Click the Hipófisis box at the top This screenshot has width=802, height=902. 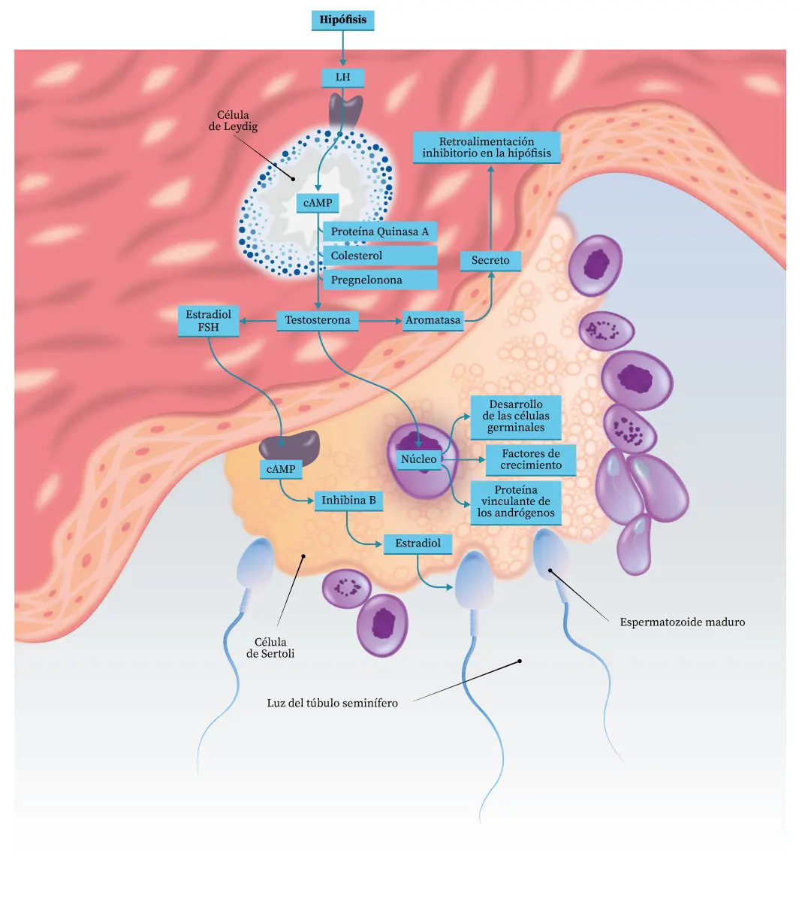[x=342, y=20]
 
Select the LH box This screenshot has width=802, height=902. [x=342, y=77]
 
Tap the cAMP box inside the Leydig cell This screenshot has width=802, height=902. [x=318, y=203]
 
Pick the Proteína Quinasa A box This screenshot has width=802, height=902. [x=379, y=232]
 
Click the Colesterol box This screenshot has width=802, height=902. [x=379, y=256]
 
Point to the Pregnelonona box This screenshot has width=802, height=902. [x=379, y=280]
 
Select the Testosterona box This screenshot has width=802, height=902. [x=318, y=320]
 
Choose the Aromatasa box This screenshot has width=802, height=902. [x=433, y=320]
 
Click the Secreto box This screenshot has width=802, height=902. [x=490, y=261]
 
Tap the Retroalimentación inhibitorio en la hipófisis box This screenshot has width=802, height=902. [x=487, y=147]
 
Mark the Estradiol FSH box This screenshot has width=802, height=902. [x=209, y=321]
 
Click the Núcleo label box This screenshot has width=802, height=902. [x=419, y=459]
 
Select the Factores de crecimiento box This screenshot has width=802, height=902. [x=531, y=459]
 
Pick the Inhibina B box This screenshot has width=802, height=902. [x=348, y=501]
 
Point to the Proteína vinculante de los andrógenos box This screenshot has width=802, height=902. [x=516, y=502]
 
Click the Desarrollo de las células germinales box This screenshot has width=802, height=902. [x=516, y=416]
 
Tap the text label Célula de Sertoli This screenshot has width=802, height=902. [x=270, y=648]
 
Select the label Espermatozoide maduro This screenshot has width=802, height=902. [x=682, y=622]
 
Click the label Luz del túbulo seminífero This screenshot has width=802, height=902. [x=332, y=704]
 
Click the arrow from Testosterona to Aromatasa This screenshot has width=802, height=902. [x=381, y=321]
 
